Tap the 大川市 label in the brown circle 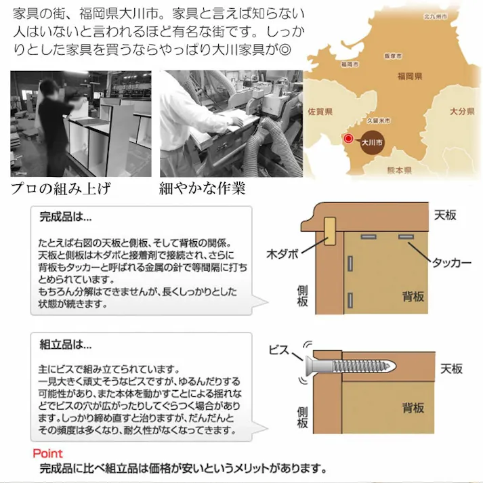(x=373, y=143)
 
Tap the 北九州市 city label (x=435, y=14)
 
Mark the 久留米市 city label (x=379, y=120)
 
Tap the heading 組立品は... (x=65, y=344)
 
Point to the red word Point (x=47, y=453)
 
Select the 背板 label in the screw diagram (x=413, y=408)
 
